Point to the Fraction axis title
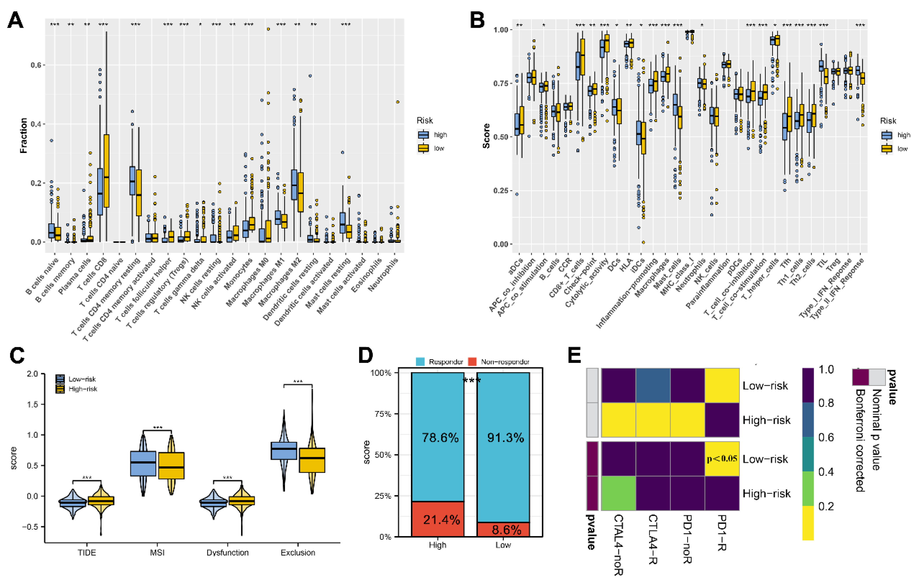(23, 136)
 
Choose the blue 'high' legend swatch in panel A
(424, 135)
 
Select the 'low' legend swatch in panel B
(887, 149)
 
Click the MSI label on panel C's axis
(157, 553)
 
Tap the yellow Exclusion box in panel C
(312, 460)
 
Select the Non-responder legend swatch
(472, 362)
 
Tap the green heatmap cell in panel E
(619, 493)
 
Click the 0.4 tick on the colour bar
(826, 472)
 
